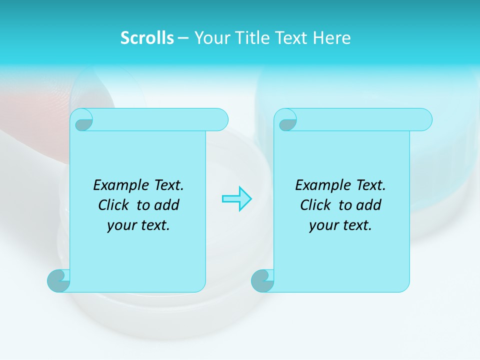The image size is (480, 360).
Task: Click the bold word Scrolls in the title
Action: point(147,38)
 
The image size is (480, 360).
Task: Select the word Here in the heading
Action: point(332,38)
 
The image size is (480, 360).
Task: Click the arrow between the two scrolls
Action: point(236,198)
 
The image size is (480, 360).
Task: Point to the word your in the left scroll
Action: point(121,226)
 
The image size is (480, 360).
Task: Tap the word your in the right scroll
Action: point(323,226)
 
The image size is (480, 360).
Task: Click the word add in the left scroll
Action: point(167,205)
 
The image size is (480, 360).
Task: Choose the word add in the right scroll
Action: point(369,205)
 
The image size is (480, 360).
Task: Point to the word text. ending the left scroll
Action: point(154,226)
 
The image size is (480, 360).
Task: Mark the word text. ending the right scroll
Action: point(356,226)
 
